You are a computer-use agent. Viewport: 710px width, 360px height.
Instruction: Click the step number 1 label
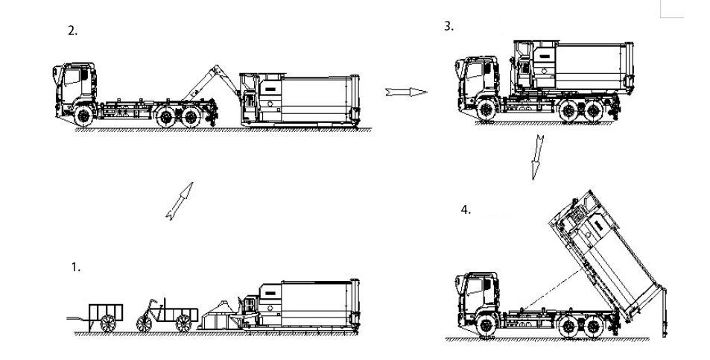(x=75, y=267)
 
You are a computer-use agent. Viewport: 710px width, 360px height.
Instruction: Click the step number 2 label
(x=72, y=31)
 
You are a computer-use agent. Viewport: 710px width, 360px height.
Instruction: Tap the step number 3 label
(x=448, y=26)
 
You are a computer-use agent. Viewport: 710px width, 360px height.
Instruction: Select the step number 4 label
(x=466, y=210)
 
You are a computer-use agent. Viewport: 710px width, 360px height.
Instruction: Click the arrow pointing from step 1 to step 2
(x=180, y=200)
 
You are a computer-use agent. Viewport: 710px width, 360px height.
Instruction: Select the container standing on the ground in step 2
(x=302, y=100)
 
